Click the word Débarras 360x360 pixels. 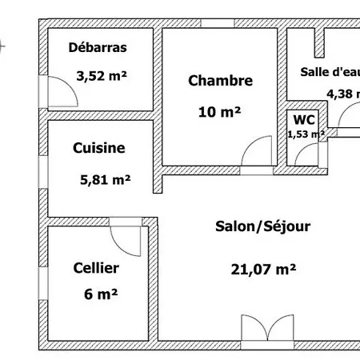[98, 47]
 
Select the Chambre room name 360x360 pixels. [220, 81]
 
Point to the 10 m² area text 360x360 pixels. [219, 112]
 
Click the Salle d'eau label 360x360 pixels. [329, 71]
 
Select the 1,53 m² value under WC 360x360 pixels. [306, 134]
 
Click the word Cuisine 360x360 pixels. [98, 148]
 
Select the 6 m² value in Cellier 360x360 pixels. [101, 294]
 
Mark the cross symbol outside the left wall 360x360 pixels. [3, 46]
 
